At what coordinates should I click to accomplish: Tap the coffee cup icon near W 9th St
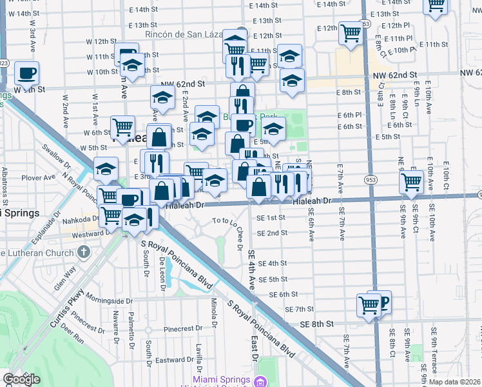(26, 73)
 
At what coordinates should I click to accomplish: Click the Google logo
(21, 379)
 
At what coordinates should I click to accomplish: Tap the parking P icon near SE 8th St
(383, 301)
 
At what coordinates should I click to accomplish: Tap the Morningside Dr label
(108, 301)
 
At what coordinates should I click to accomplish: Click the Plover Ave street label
(39, 177)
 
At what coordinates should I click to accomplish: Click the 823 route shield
(4, 63)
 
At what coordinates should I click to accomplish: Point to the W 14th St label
(25, 14)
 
